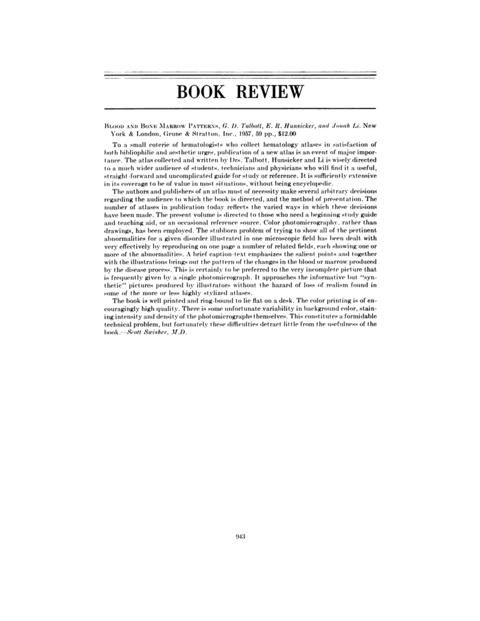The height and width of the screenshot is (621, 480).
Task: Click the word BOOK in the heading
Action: [201, 92]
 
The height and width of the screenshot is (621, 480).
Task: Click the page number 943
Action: [240, 536]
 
